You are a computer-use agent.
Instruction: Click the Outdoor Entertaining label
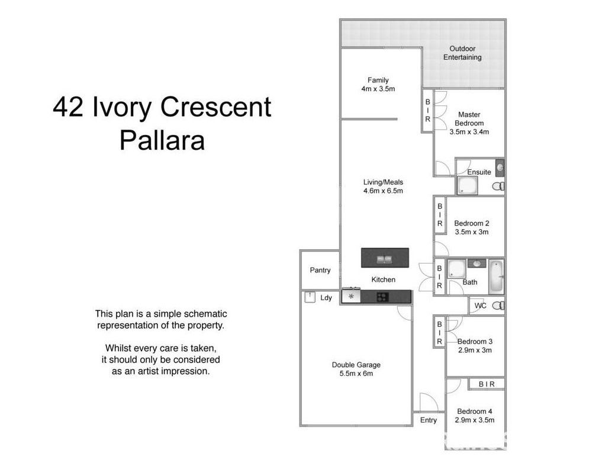462,53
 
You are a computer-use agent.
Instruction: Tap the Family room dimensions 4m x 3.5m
378,89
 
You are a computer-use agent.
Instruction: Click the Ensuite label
479,172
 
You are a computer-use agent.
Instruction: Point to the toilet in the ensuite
498,186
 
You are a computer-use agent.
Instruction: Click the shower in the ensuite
466,186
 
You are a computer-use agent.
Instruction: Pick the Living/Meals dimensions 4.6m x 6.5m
383,191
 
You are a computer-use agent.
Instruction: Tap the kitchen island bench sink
384,258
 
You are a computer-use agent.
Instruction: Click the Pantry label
320,270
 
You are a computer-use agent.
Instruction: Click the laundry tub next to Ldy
309,297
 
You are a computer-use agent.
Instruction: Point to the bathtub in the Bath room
496,276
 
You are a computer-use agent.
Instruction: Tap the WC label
480,305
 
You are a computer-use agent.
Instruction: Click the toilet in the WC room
498,305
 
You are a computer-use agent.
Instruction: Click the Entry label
429,420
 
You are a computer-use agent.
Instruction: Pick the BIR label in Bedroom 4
487,384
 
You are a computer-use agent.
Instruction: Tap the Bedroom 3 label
475,342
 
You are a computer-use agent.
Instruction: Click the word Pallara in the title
162,140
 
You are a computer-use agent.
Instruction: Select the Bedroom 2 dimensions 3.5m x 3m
471,232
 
